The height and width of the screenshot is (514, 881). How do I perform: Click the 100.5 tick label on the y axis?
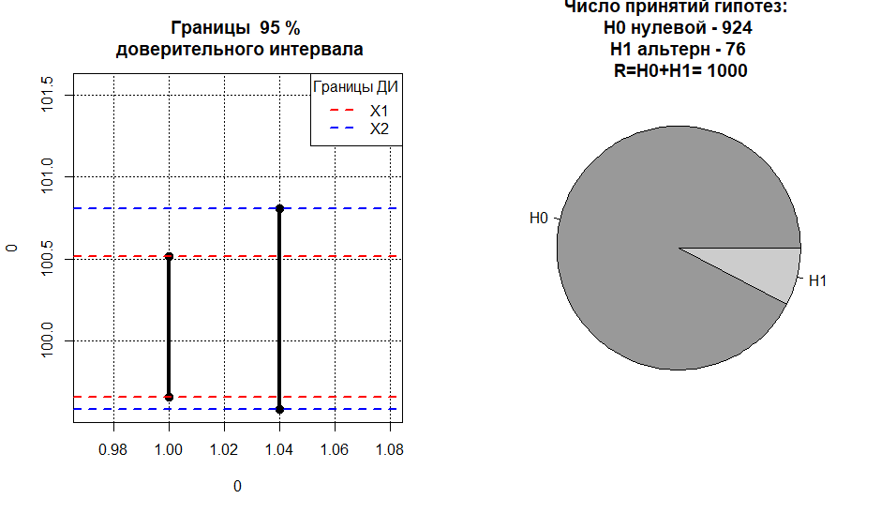[x=48, y=258]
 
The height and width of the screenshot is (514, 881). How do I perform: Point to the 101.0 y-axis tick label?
[x=48, y=176]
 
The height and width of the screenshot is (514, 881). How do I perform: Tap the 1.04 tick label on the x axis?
[x=279, y=450]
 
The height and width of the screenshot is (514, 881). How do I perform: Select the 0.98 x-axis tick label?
[x=113, y=450]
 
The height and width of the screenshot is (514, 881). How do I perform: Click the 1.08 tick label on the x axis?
[x=389, y=450]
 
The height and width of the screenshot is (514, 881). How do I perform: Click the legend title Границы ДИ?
[x=355, y=88]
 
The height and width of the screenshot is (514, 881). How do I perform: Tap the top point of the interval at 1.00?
[x=169, y=256]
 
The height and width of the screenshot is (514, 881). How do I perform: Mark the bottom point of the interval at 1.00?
[x=169, y=397]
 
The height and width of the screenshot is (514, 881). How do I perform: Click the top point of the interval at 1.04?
[x=279, y=208]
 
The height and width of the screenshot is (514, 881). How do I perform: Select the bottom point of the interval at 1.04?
[x=279, y=409]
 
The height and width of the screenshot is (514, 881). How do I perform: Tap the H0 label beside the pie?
[x=538, y=219]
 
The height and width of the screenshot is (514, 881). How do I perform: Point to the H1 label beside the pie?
[x=816, y=280]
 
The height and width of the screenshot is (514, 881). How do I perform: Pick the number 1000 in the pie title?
[x=729, y=70]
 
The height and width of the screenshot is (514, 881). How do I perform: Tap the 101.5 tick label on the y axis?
[x=48, y=95]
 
